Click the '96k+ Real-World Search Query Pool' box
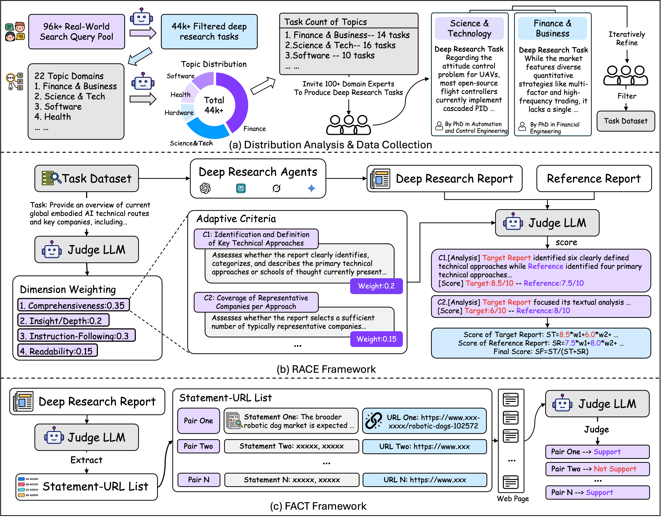point(76,32)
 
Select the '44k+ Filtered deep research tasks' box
point(209,32)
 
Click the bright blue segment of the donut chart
point(207,129)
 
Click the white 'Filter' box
point(627,96)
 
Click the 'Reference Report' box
point(594,179)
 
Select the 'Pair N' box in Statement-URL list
point(199,480)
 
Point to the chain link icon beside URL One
point(373,421)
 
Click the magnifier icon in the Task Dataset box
point(55,177)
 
